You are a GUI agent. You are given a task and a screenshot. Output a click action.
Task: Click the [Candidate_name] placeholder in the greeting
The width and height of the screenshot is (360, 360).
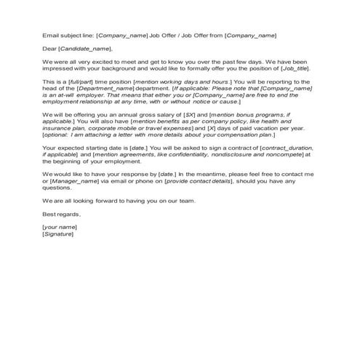click(85, 49)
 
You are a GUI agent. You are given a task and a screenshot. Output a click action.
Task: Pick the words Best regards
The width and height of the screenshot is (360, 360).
click(62, 215)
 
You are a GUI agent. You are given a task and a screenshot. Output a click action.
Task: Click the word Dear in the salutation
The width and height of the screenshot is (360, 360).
click(49, 49)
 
